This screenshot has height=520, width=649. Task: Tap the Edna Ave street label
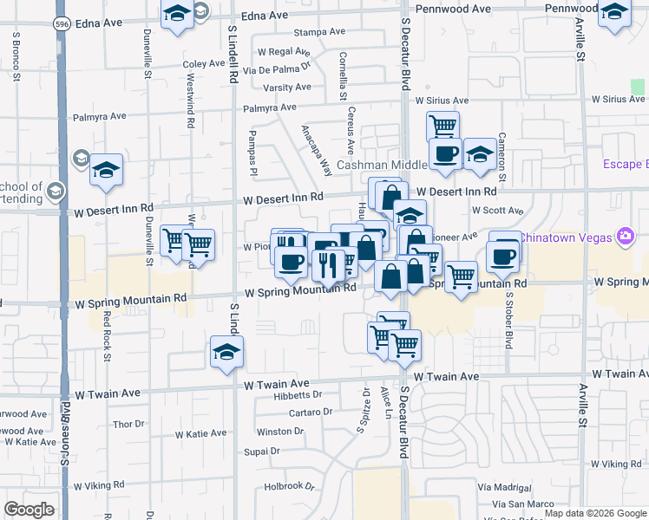click(x=264, y=16)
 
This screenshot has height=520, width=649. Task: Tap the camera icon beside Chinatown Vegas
click(x=625, y=236)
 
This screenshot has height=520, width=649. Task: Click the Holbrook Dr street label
click(x=289, y=487)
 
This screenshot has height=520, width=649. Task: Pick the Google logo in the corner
click(x=29, y=510)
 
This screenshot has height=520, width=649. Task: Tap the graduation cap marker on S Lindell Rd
click(x=227, y=352)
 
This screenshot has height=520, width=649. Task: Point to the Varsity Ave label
click(x=287, y=88)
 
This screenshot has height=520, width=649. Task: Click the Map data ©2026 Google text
click(x=595, y=513)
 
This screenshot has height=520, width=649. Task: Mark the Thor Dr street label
click(x=128, y=425)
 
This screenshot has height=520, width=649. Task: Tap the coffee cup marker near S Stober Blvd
click(x=503, y=255)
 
